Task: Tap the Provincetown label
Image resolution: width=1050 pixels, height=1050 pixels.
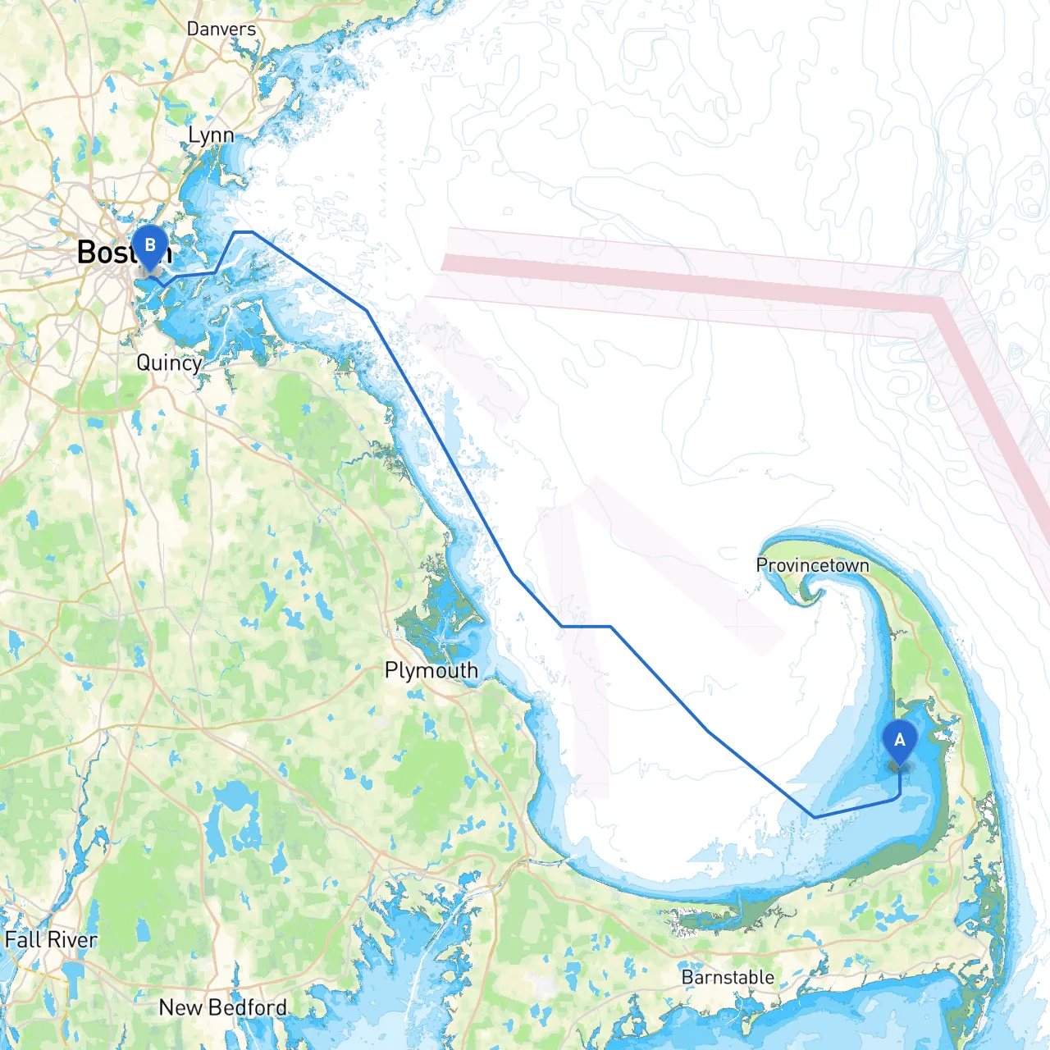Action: coord(812,565)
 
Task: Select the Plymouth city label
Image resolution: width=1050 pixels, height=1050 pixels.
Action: coord(431,670)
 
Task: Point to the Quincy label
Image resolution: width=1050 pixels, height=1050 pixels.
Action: coord(169,363)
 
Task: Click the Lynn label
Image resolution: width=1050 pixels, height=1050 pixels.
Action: coord(211,135)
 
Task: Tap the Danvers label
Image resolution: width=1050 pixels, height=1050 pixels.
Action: coord(221,29)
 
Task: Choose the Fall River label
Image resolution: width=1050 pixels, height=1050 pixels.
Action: coord(51,939)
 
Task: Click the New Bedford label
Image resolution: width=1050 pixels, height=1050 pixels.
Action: coord(223,1007)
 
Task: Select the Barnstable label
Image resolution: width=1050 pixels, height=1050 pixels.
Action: coord(728,977)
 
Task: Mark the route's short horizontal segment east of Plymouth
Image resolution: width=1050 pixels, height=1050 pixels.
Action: coord(586,626)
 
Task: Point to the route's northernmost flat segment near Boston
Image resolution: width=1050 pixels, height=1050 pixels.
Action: coord(244,232)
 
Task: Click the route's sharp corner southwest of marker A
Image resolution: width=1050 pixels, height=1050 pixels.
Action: coord(815,817)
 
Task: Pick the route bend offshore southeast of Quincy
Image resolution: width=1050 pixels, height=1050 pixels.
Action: coord(367,310)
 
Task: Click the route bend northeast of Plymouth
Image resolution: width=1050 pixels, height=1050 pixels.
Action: coord(513,574)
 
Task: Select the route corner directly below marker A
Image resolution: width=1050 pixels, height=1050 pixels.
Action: coord(899,796)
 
